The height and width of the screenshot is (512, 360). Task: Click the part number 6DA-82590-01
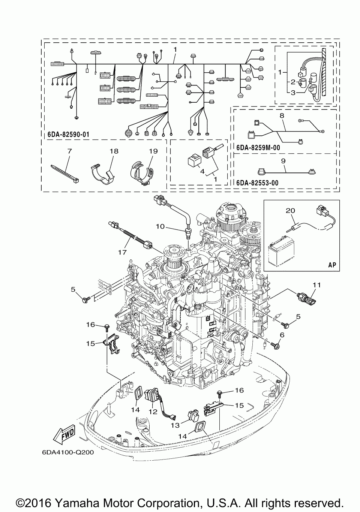click(68, 135)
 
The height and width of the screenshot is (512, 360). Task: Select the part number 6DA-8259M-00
click(258, 148)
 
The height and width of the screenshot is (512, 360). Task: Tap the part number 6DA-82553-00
click(257, 183)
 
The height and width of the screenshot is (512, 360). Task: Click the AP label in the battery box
click(332, 265)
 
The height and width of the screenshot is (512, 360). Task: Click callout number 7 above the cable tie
click(69, 151)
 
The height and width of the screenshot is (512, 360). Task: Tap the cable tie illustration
click(65, 174)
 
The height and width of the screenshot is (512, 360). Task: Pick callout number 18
click(114, 151)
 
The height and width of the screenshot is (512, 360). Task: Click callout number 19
click(153, 151)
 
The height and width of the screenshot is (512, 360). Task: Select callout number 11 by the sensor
click(317, 285)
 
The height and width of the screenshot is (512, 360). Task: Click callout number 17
click(122, 252)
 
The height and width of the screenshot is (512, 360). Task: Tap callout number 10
click(160, 226)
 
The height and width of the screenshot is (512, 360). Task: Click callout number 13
click(175, 425)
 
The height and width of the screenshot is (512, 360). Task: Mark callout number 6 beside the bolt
click(282, 335)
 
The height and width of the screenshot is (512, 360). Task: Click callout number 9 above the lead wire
click(283, 161)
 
